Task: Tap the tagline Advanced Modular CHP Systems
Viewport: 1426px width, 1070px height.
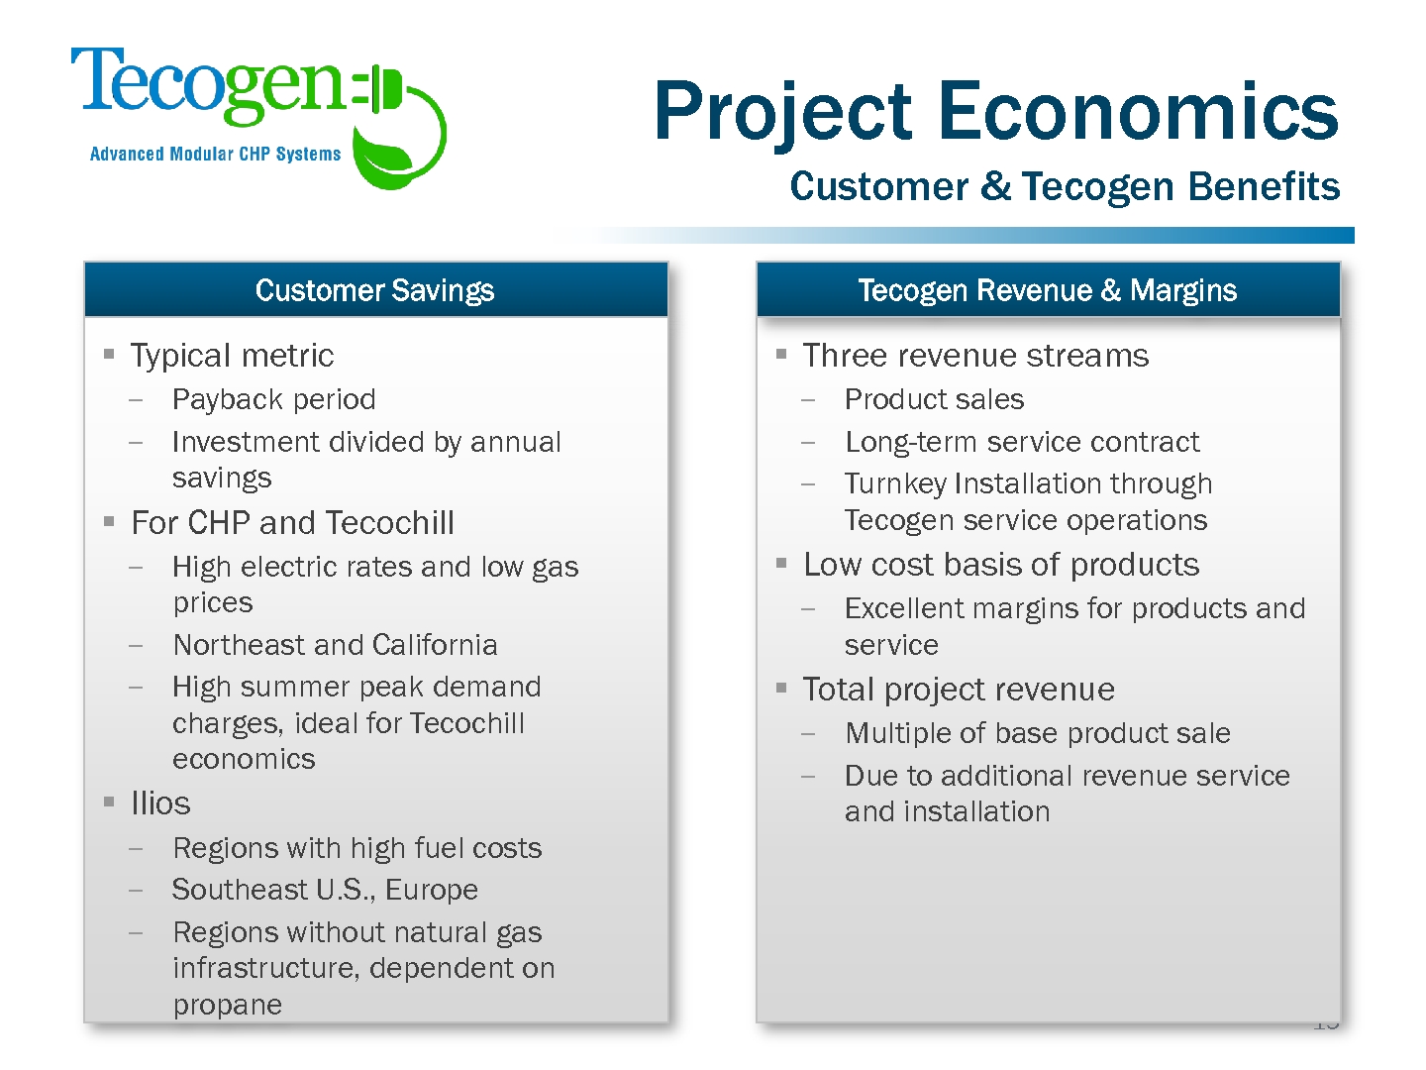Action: (x=215, y=154)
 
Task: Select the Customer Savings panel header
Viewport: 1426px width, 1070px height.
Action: (x=375, y=289)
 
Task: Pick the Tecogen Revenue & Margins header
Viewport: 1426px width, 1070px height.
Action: (x=1048, y=289)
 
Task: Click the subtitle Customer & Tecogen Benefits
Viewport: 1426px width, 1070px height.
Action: (x=1065, y=186)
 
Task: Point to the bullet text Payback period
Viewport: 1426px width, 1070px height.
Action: (x=274, y=399)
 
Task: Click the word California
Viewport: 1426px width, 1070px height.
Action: (x=435, y=644)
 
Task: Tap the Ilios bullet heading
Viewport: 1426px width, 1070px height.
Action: (x=160, y=802)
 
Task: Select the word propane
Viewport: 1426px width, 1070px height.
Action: (x=228, y=1005)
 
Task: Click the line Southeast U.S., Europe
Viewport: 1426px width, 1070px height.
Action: (x=325, y=890)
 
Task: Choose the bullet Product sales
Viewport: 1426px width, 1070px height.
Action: (x=934, y=399)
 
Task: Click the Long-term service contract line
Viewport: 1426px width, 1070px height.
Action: (x=1022, y=442)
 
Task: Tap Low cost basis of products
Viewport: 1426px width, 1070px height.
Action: (x=1001, y=565)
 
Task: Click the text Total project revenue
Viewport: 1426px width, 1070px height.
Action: (x=959, y=690)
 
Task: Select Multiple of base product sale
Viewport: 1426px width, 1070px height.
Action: (x=1038, y=733)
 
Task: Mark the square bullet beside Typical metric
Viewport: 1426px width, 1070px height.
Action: (x=109, y=354)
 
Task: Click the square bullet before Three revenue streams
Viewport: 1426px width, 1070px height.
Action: (x=781, y=354)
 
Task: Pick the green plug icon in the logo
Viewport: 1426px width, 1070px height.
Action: (x=378, y=89)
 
